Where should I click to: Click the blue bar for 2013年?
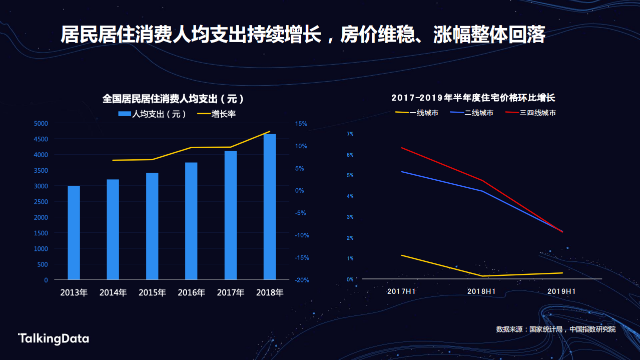[74, 233]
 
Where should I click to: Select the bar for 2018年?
[270, 207]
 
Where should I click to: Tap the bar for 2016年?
[191, 221]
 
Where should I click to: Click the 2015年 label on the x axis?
[152, 292]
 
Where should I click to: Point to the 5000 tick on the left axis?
[41, 124]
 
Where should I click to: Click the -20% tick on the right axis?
[301, 280]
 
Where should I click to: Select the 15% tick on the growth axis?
[301, 124]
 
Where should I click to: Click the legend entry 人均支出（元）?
[153, 114]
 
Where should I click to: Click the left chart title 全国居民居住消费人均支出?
[173, 99]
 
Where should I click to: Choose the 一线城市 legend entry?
[417, 113]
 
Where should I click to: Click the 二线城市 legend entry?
[472, 113]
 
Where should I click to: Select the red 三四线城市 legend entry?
[530, 113]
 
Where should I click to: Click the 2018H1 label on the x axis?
[481, 291]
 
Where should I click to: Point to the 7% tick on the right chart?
[350, 134]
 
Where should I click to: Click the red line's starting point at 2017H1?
[402, 148]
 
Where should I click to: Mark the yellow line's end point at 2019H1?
[562, 273]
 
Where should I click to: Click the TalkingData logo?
[54, 338]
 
